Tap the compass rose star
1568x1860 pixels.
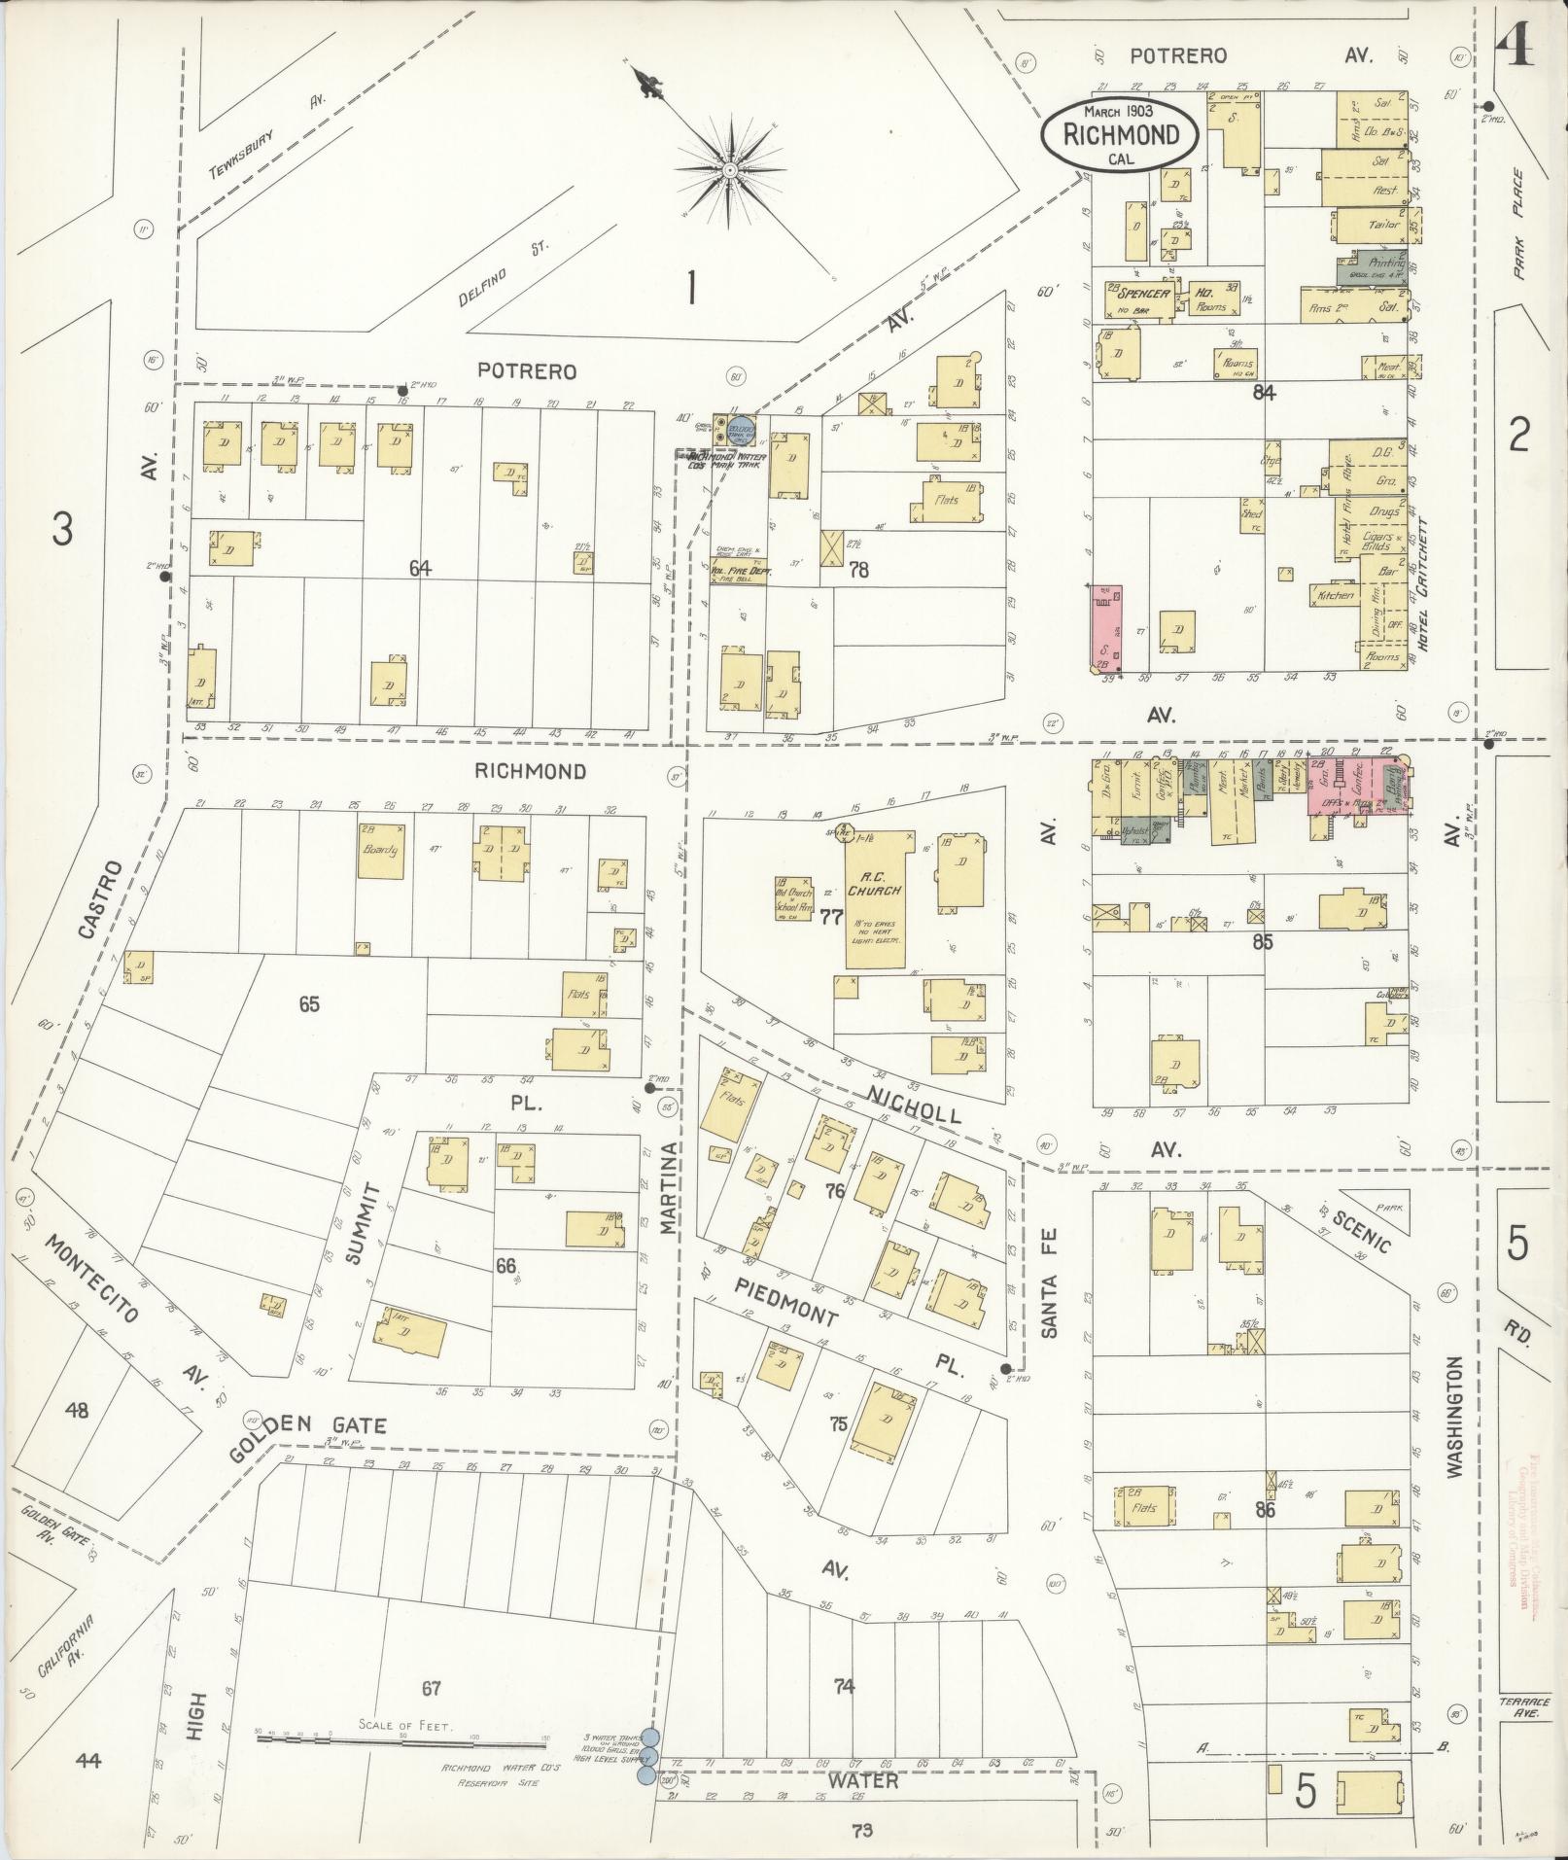pyautogui.click(x=729, y=171)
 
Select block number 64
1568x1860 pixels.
pyautogui.click(x=420, y=569)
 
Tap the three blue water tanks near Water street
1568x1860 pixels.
pyautogui.click(x=648, y=1756)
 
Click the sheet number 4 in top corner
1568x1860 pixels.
pyautogui.click(x=1515, y=46)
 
